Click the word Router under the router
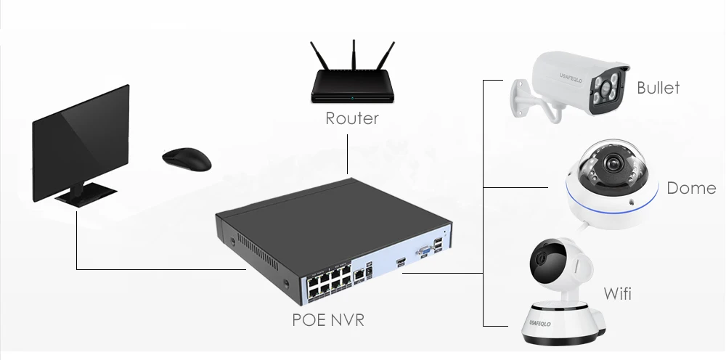(x=352, y=118)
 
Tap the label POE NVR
(x=328, y=320)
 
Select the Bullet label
(x=658, y=87)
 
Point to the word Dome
(x=691, y=188)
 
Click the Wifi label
(x=617, y=293)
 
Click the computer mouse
(x=187, y=159)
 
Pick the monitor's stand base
(x=86, y=193)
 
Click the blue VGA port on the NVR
(x=424, y=252)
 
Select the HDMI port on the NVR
(x=401, y=262)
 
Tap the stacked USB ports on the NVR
(x=439, y=245)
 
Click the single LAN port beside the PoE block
(x=359, y=274)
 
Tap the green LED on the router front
(x=352, y=98)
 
